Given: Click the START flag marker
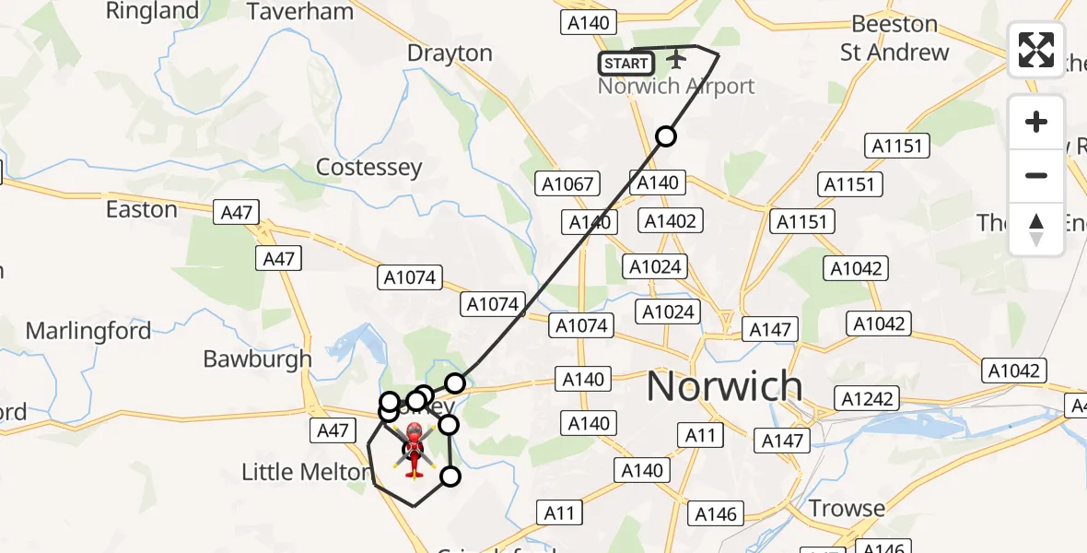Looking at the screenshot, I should (626, 64).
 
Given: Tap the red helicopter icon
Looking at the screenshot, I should (414, 449).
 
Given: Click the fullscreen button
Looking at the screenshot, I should (1036, 50).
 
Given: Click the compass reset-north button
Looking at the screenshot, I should (1036, 229).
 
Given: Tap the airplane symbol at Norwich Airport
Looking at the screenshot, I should (677, 60).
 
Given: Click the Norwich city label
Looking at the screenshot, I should (724, 387).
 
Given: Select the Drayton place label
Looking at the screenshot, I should (450, 53).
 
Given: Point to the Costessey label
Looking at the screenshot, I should (368, 168).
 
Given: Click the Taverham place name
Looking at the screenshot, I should (300, 12).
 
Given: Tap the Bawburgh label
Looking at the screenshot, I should (257, 359).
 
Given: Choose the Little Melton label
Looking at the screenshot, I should (306, 473).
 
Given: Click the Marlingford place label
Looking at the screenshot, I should (88, 331).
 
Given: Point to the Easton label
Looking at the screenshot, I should (141, 210).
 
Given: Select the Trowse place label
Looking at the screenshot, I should (847, 508).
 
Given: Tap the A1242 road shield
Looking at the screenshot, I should (865, 398).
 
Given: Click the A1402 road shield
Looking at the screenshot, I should (671, 221).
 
